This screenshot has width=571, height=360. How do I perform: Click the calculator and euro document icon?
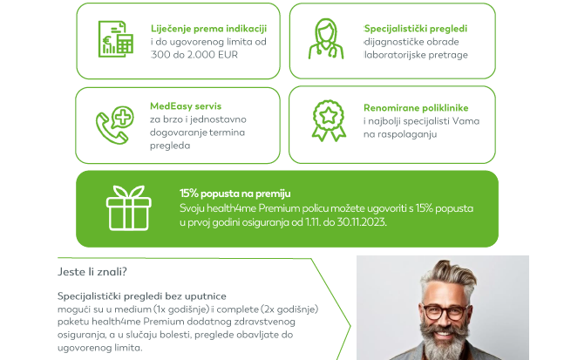coord(115,39)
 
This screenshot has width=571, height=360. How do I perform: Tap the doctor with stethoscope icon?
coord(326,39)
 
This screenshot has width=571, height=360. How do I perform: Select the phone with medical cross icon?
coord(115,125)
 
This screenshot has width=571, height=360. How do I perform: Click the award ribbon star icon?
coord(329,121)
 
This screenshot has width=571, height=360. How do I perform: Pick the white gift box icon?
coord(128,207)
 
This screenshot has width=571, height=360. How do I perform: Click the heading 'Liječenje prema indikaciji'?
coord(208,29)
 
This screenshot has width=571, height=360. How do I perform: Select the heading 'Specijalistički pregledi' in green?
coord(416,29)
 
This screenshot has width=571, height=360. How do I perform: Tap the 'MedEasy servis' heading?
coord(186,106)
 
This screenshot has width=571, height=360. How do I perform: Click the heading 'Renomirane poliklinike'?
coord(416,108)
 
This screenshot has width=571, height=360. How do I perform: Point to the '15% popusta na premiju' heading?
coord(235,194)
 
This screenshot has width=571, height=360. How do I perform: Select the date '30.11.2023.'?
coord(362,222)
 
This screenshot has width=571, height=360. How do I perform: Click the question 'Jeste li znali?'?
coord(92,272)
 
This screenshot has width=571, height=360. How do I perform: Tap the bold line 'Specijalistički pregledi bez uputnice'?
coord(141,296)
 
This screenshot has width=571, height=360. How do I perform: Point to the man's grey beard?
coord(444,340)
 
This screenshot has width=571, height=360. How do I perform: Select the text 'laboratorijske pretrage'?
coord(416,55)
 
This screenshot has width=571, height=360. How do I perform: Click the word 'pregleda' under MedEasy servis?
coord(170,146)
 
